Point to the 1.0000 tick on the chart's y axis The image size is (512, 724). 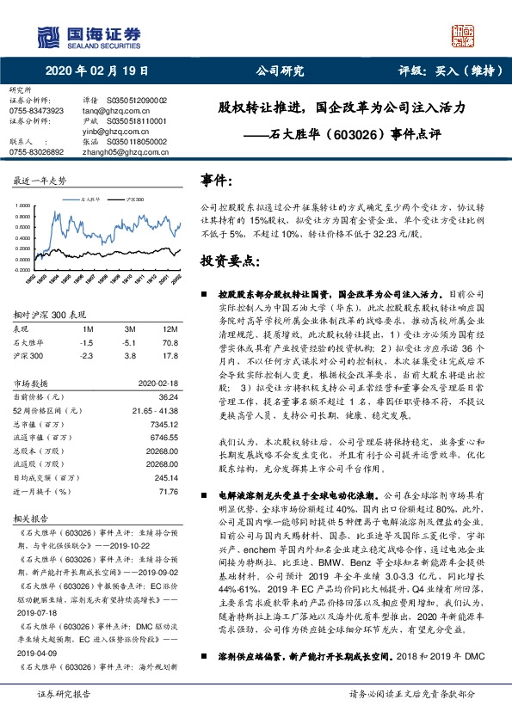pos(19,207)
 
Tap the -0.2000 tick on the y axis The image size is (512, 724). pos(19,269)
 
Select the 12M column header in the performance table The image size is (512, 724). pos(170,329)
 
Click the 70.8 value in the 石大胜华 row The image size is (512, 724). pos(170,341)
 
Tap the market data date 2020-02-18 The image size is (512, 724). pos(157,383)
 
